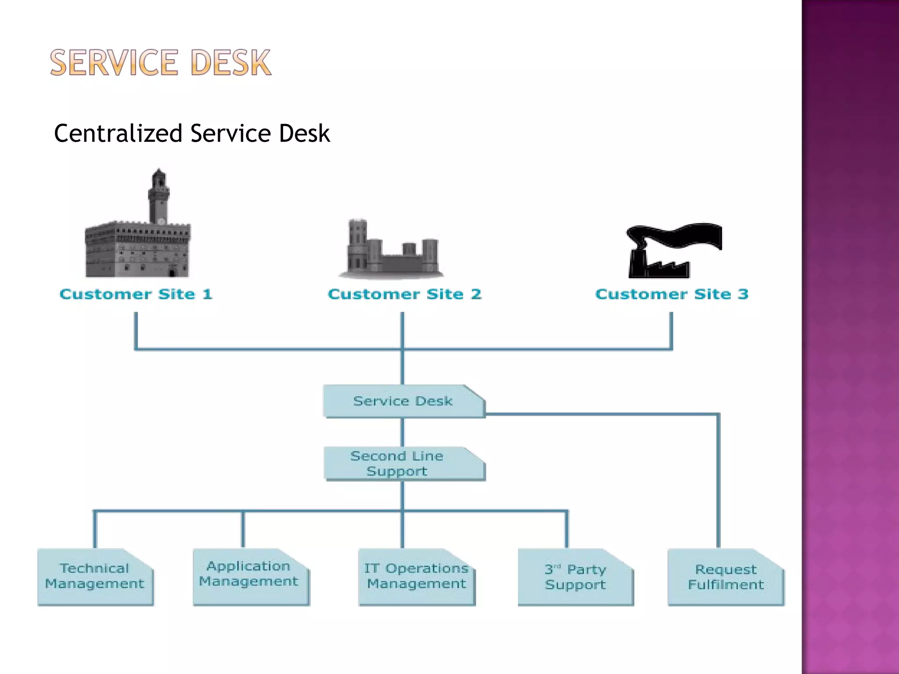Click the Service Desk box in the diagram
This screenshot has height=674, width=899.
pos(403,401)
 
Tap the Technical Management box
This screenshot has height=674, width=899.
pos(95,577)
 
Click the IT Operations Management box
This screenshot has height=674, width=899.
pos(416,577)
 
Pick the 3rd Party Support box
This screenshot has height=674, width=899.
pos(575,577)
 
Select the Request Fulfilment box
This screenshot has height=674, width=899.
pos(725,577)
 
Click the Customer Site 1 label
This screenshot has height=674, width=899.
pos(136,294)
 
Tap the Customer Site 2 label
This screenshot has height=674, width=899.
pos(404,294)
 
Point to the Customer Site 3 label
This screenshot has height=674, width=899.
pos(672,294)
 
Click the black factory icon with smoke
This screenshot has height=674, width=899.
pos(658,263)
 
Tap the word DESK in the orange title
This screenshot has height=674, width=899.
pos(231,63)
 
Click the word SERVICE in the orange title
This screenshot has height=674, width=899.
pos(114,63)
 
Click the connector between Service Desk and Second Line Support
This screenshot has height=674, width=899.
pos(402,432)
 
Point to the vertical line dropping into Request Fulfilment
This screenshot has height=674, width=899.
pos(718,483)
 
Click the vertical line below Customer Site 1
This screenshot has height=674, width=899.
pos(136,329)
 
